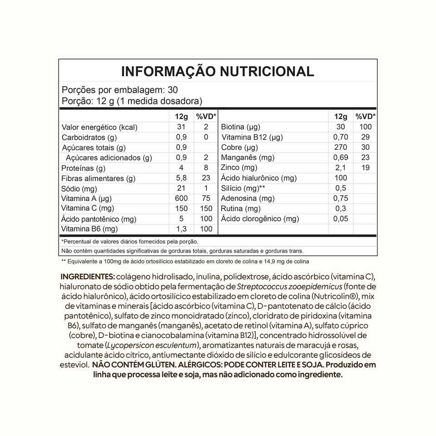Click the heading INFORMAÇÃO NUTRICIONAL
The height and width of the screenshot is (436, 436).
coord(217,71)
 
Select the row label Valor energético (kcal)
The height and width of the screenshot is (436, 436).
coord(99,128)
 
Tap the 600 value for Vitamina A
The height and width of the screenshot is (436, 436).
coord(181,198)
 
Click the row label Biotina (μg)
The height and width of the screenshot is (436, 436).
coord(240,127)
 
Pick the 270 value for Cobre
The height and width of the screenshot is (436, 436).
coord(340,148)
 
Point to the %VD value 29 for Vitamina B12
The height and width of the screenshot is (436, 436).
coord(365,137)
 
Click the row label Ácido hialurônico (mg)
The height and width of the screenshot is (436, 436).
coord(258,178)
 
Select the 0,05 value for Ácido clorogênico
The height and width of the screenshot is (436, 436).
coord(340,219)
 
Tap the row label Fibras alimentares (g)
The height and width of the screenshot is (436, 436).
coord(99,178)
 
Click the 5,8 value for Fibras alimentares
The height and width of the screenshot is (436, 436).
coord(181,178)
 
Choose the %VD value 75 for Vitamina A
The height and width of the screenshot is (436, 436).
coord(206,198)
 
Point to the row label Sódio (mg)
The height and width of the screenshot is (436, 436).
coord(79,188)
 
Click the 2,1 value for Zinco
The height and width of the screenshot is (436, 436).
coord(340,168)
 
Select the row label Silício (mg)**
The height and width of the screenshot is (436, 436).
coord(243,188)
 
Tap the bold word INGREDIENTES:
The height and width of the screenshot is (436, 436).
coord(87,277)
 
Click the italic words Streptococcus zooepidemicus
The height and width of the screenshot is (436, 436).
coord(289,287)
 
